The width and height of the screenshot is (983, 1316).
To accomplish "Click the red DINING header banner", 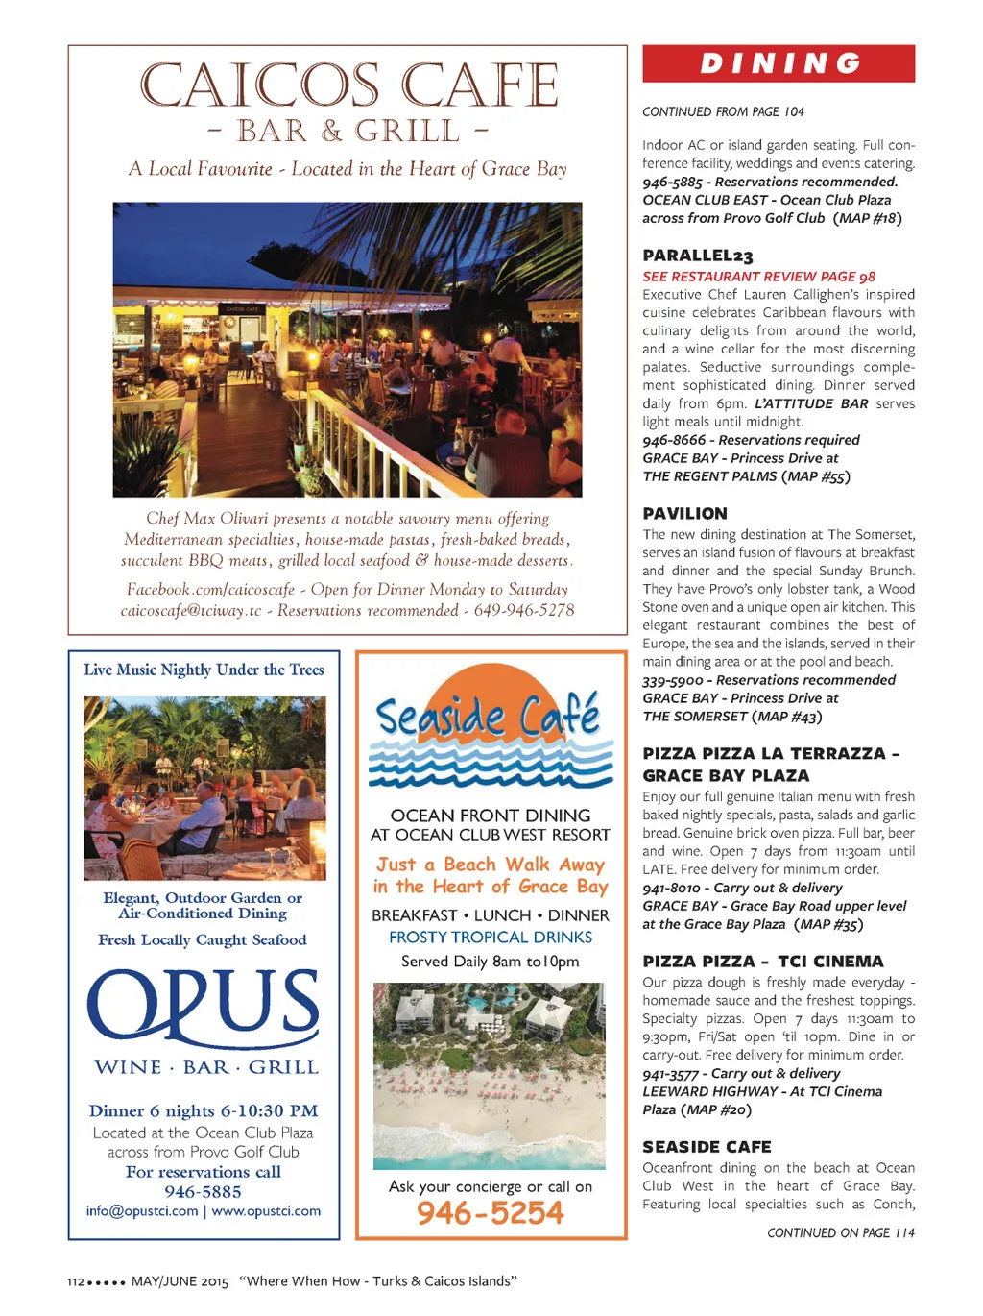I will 779,63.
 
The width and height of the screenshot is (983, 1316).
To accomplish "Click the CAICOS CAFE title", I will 348,85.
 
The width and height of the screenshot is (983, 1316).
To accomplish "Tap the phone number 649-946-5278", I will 524,610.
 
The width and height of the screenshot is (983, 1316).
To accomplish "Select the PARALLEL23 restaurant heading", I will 698,256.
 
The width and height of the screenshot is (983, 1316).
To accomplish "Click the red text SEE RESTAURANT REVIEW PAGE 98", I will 758,277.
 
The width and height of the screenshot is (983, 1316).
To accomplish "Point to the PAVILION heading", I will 685,514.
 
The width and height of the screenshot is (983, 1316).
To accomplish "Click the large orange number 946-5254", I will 491,1213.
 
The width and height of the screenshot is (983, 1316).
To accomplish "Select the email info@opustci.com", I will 142,1211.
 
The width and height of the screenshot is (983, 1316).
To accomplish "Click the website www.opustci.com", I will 266,1211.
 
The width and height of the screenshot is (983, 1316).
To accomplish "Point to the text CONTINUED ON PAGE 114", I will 841,1232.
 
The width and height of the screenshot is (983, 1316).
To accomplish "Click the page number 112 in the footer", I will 76,1281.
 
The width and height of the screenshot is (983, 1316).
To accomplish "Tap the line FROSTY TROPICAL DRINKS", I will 491,938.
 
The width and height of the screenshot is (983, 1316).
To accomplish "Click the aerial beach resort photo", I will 490,1076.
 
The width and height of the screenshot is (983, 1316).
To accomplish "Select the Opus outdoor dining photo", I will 204,788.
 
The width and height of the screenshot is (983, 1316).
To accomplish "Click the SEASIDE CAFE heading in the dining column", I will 707,1147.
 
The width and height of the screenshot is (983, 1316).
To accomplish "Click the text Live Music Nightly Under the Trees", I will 204,670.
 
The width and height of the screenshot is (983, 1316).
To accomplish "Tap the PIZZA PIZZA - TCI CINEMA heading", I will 763,962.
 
